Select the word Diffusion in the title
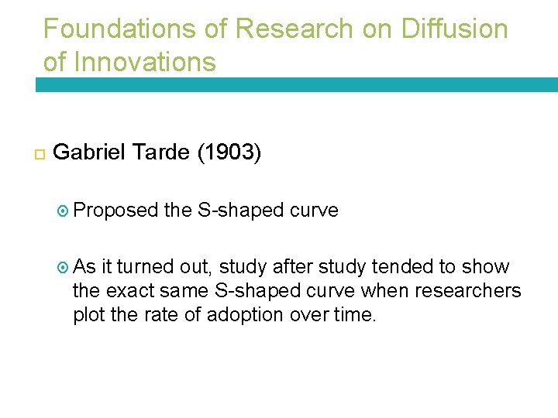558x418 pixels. point(455,29)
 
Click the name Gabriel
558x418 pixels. point(90,152)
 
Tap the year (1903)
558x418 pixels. point(229,152)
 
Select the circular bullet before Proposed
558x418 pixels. point(64,211)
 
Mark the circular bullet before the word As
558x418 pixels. point(64,268)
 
